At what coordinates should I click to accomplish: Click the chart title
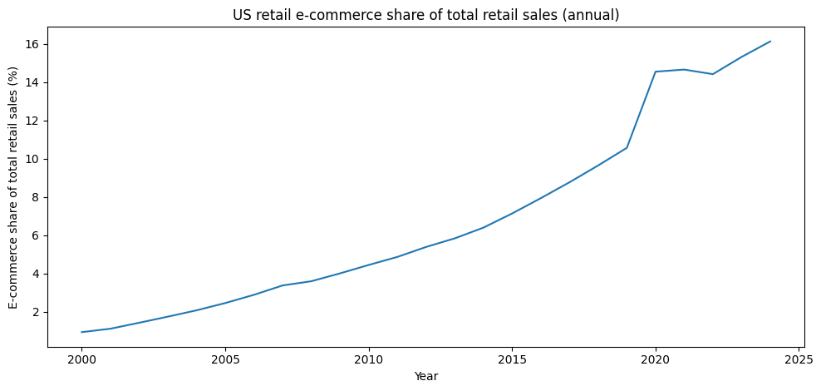point(426,15)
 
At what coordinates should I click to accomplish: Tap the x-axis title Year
point(426,376)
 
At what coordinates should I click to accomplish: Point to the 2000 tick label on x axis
point(81,358)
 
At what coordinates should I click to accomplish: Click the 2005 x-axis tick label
point(225,358)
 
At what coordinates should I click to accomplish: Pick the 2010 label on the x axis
point(368,358)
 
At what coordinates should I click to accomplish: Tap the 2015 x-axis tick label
point(512,358)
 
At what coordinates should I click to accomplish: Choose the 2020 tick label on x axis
point(656,358)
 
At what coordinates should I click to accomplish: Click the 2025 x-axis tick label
point(799,358)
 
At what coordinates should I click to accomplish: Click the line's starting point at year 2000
point(81,332)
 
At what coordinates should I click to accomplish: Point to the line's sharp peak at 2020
point(656,72)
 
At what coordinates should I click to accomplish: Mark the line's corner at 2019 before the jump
point(627,148)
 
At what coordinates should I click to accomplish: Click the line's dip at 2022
point(713,74)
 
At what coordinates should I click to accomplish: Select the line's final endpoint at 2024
point(770,42)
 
